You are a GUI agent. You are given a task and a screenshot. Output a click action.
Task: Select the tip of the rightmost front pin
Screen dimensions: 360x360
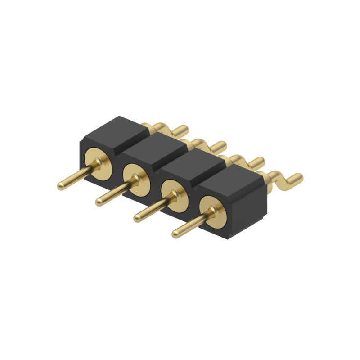pyautogui.click(x=176, y=234)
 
